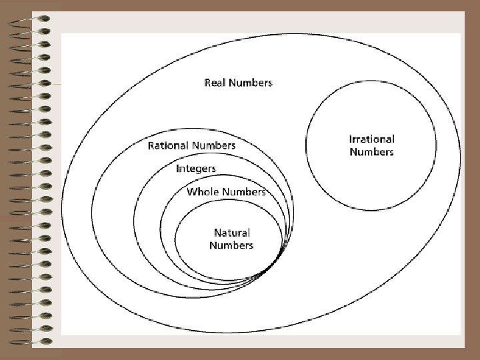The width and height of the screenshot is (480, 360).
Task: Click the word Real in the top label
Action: pos(215,83)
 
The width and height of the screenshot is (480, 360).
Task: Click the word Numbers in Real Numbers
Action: pos(250,83)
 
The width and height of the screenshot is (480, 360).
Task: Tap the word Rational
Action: pos(169,145)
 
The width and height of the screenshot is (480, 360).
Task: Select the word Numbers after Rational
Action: pos(214,145)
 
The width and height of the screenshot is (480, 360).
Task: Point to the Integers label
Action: pos(196,168)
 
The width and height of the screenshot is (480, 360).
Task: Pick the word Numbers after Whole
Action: pos(244,191)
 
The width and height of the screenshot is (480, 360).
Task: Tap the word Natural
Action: pos(231,233)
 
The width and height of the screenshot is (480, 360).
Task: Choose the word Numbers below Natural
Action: pos(231,245)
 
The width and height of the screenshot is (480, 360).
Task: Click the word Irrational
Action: pos(371,139)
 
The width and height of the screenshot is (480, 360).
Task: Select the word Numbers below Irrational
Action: pos(371,152)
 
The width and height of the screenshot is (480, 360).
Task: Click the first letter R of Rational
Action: pos(151,145)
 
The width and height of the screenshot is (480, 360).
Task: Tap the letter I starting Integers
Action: pos(178,168)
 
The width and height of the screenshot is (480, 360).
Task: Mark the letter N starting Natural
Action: pos(217,233)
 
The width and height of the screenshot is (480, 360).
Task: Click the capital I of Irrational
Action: pos(351,139)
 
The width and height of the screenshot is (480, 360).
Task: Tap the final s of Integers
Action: pos(213,169)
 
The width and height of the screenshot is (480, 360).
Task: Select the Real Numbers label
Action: pos(238,83)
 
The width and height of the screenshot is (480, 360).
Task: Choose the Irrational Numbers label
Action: pos(371,145)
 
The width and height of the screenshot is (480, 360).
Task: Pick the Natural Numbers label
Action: pos(231,239)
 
